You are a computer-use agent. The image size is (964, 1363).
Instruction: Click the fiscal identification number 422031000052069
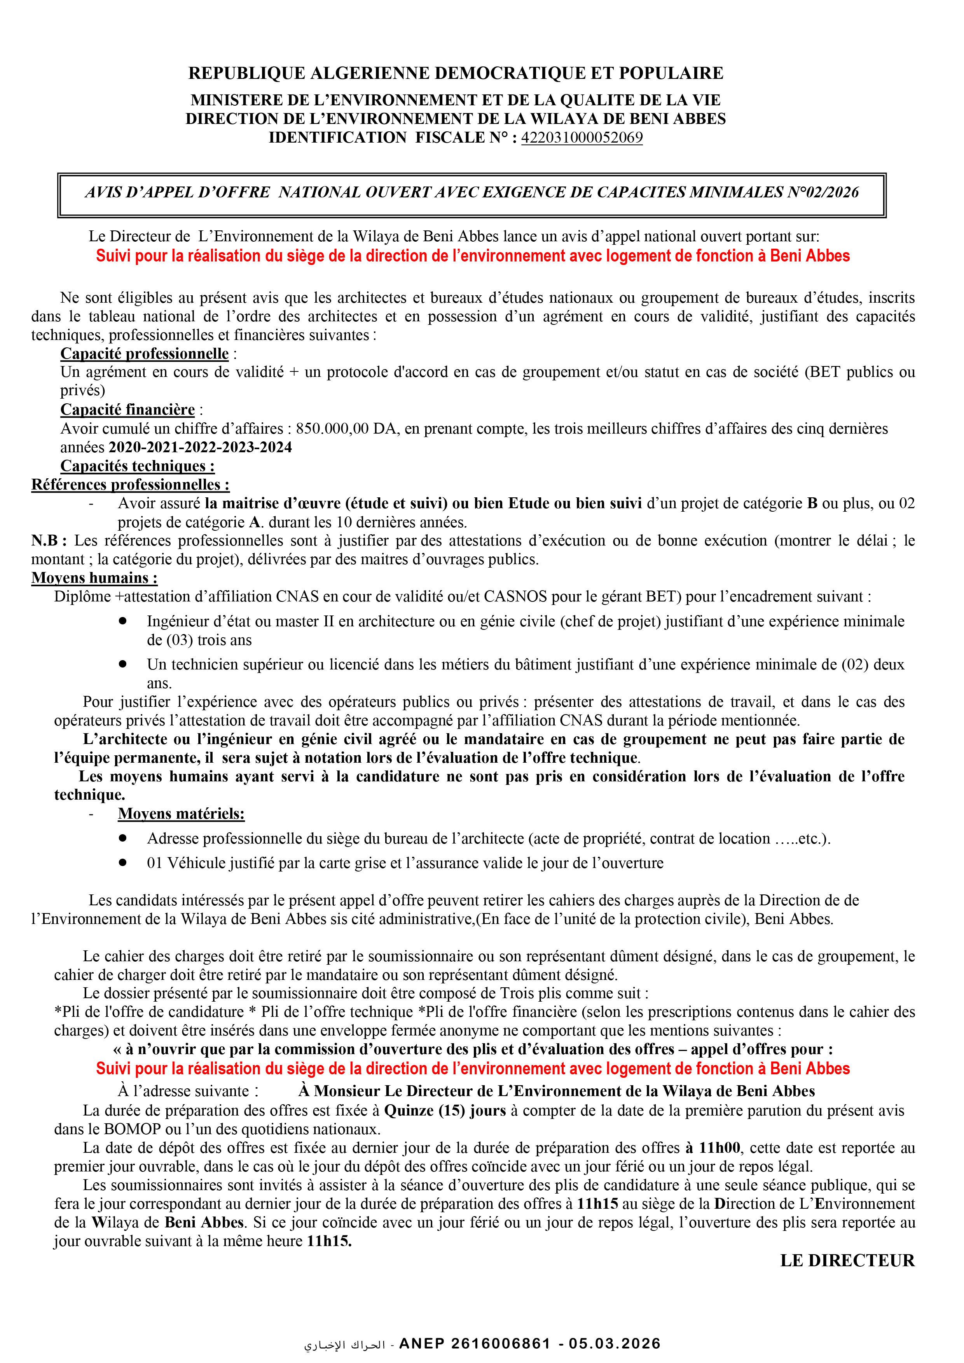[582, 138]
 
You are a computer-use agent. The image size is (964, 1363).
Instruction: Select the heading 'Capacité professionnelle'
[144, 354]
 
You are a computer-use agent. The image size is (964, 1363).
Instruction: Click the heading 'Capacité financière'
[128, 410]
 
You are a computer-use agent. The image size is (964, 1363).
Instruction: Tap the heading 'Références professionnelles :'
[131, 485]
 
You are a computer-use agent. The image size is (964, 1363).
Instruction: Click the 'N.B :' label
[49, 541]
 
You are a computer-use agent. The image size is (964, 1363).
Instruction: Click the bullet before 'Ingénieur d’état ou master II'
[123, 621]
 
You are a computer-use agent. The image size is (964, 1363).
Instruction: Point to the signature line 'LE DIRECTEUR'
[847, 1261]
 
